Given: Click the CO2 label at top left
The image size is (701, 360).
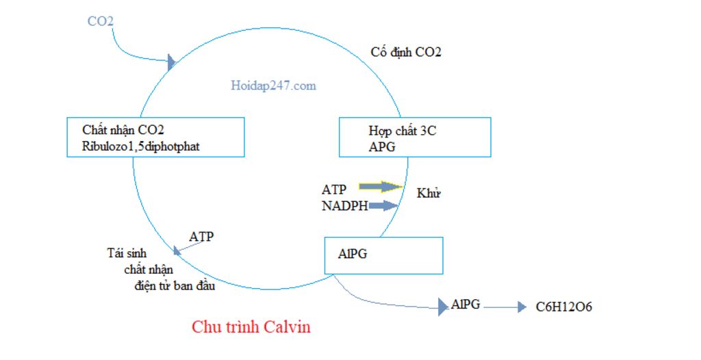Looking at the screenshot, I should coord(100,21).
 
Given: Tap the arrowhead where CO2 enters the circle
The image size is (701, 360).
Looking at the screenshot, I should coord(172,63).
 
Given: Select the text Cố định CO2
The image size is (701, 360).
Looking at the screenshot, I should coord(406,52).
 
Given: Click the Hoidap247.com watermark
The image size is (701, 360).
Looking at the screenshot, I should coord(273,86).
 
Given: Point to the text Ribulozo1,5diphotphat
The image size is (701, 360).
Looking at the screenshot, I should coord(141,146).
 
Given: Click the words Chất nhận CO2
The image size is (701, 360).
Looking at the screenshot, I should coord(123,129).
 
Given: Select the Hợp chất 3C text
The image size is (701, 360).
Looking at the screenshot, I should coord(402,131).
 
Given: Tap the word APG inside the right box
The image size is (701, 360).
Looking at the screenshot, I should coord(382,146).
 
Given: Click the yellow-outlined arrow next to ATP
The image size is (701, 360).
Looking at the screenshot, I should coord(381,186).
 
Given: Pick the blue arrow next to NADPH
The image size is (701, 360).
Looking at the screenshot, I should coord(383,205).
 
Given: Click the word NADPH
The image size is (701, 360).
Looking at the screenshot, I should coord(345,205).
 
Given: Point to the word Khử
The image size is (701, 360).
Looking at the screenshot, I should coord(429,193).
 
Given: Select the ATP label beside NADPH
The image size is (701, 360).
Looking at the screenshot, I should coord(334,189).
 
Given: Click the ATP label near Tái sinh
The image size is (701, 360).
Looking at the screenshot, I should coord(201,237).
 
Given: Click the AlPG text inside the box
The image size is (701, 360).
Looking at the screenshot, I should coord(353,253).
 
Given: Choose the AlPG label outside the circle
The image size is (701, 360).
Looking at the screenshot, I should coord(466,305).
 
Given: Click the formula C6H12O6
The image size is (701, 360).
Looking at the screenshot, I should coord(564,307).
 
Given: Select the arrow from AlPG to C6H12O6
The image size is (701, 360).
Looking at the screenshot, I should coord(505,307).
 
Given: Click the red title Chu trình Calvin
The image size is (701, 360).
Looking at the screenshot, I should coord(251,326).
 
